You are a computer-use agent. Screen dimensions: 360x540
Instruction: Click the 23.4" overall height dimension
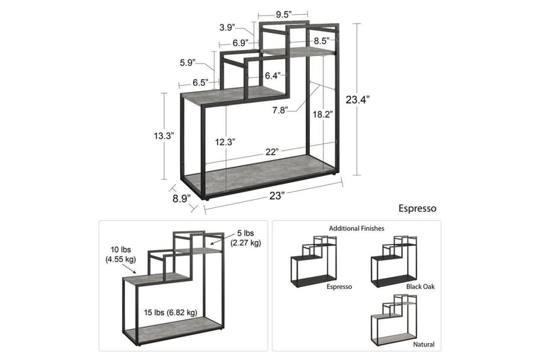(358, 99)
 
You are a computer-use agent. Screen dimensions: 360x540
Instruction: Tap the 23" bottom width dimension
(276, 195)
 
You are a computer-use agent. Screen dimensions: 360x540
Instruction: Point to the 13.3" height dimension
(163, 136)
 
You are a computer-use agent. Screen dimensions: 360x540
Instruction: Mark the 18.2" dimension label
(323, 115)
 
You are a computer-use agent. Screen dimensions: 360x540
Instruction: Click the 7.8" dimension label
(279, 109)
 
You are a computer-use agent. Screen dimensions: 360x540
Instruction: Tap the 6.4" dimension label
(273, 75)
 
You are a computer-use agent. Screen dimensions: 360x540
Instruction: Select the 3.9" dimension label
(227, 28)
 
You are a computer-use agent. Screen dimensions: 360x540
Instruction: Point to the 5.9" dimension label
(188, 63)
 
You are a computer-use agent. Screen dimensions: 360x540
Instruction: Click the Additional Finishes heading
(356, 229)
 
